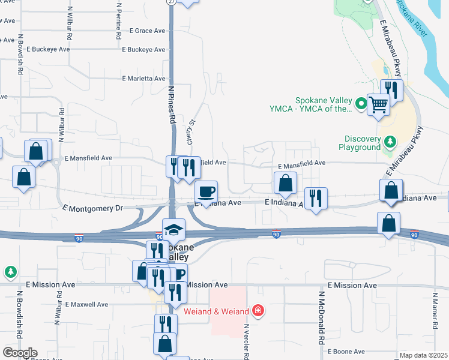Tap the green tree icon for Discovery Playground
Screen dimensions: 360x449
(390, 142)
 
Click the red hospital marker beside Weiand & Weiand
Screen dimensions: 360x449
(258, 310)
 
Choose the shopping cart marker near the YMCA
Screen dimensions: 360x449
(379, 104)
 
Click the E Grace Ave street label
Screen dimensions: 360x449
(147, 31)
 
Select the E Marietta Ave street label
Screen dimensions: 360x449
(143, 79)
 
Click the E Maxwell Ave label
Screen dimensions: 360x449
(87, 304)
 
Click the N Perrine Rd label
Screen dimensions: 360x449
(118, 20)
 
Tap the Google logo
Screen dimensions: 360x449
(20, 353)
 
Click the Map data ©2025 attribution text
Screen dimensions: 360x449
(423, 355)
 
